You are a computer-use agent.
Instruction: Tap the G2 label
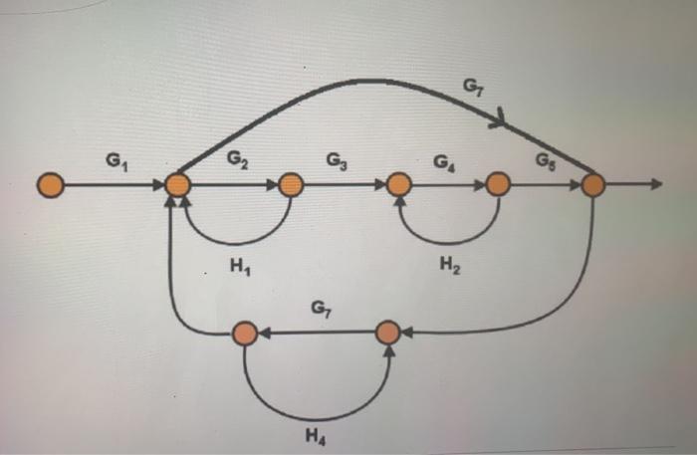pyautogui.click(x=237, y=158)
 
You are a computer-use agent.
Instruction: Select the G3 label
pyautogui.click(x=337, y=159)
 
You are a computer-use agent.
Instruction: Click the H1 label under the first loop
pyautogui.click(x=236, y=266)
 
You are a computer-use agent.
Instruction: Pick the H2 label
pyautogui.click(x=448, y=266)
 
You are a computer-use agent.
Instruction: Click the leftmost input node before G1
pyautogui.click(x=52, y=185)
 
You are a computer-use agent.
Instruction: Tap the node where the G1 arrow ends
pyautogui.click(x=178, y=185)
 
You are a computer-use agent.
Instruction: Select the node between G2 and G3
pyautogui.click(x=291, y=185)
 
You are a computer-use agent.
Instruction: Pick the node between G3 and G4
pyautogui.click(x=398, y=185)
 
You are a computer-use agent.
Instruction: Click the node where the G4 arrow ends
pyautogui.click(x=498, y=185)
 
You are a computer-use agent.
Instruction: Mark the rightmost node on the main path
pyautogui.click(x=593, y=185)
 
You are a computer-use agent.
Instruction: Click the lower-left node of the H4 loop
pyautogui.click(x=244, y=334)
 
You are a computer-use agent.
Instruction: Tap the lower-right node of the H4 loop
pyautogui.click(x=389, y=334)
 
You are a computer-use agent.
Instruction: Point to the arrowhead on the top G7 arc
pyautogui.click(x=500, y=121)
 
